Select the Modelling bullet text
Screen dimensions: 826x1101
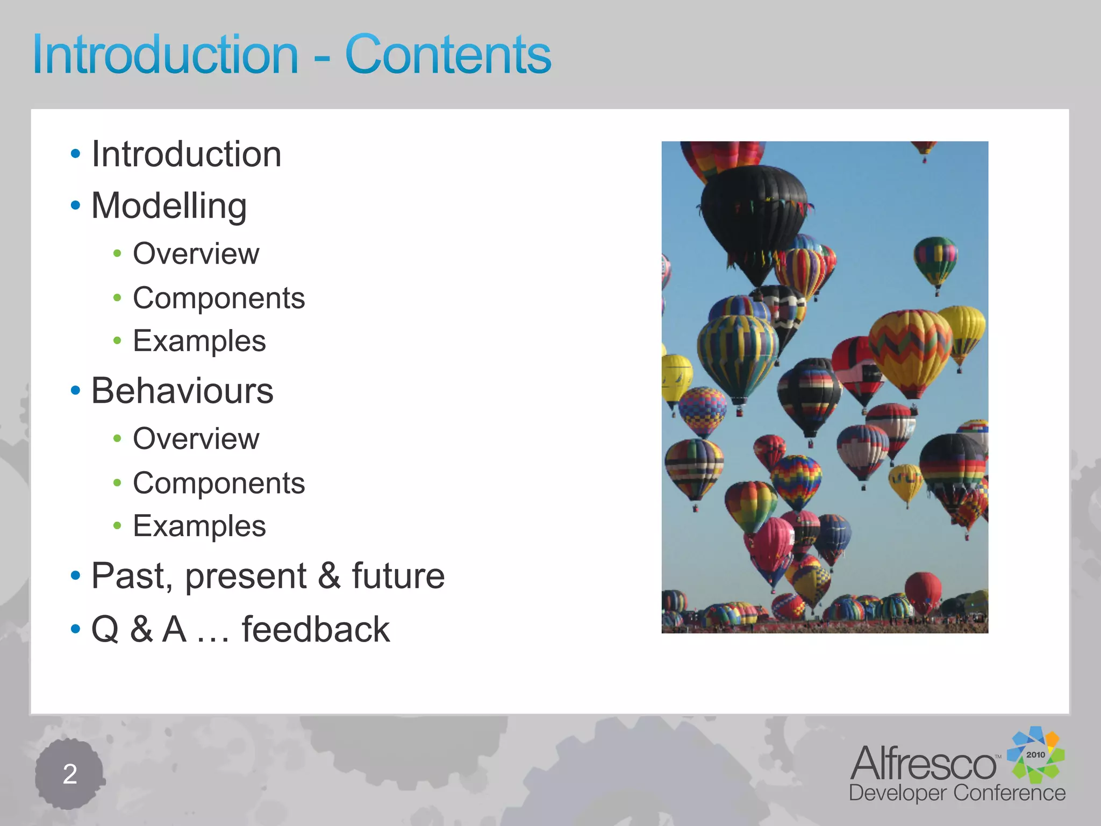pyautogui.click(x=169, y=206)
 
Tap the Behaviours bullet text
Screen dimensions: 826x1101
pyautogui.click(x=182, y=391)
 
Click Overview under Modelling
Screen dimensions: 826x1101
pyautogui.click(x=196, y=254)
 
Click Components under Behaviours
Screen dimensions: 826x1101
pyautogui.click(x=219, y=483)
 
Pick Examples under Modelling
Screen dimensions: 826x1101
pyautogui.click(x=199, y=341)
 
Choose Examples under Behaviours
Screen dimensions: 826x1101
pyautogui.click(x=199, y=526)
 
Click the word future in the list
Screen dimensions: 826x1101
pyautogui.click(x=398, y=576)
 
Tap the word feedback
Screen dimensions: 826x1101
pyautogui.click(x=316, y=629)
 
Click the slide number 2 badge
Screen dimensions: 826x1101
pyautogui.click(x=69, y=774)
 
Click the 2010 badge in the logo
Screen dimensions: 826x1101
pyautogui.click(x=1035, y=754)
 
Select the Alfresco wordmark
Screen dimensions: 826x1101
pyautogui.click(x=923, y=763)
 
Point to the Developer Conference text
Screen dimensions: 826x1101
pyautogui.click(x=957, y=793)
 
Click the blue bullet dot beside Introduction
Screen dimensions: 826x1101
pyautogui.click(x=75, y=154)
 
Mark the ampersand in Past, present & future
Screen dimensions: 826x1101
pyautogui.click(x=329, y=576)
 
